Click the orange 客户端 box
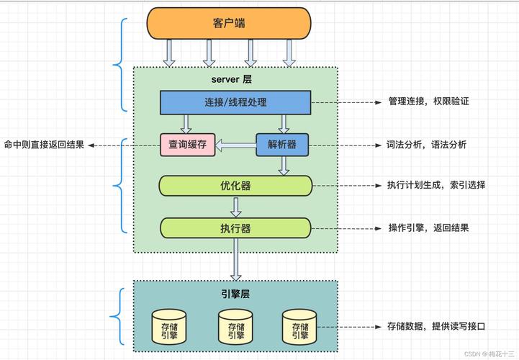[229, 23]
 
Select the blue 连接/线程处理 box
[235, 102]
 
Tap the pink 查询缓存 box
[188, 145]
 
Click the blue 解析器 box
[282, 145]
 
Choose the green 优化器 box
[235, 186]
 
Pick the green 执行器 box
[235, 228]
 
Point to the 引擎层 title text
[235, 294]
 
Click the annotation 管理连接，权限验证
[428, 102]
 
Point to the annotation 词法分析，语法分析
[427, 145]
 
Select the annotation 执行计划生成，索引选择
[436, 186]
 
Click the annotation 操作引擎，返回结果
[428, 228]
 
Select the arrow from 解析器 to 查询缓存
[236, 145]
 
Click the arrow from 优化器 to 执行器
[235, 207]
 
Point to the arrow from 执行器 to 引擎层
[235, 259]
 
